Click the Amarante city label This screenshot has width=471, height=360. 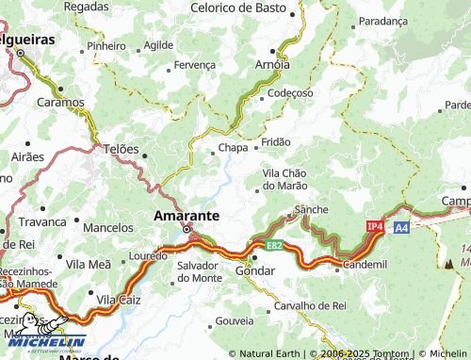(x=187, y=216)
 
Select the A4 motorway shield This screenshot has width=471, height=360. (x=401, y=227)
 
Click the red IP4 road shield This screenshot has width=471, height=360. (x=375, y=227)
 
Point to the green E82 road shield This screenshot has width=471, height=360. (x=274, y=246)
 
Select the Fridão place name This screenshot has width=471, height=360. (x=276, y=142)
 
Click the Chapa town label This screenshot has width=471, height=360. (x=233, y=148)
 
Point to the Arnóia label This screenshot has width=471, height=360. (x=273, y=64)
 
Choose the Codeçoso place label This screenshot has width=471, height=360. (x=290, y=93)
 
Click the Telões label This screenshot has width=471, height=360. (x=121, y=149)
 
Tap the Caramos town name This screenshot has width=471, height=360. (x=60, y=102)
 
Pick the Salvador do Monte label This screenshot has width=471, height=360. (x=199, y=271)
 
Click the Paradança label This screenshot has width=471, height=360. (x=383, y=20)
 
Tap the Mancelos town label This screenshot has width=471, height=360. (x=108, y=227)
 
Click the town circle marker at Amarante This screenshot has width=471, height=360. (x=187, y=229)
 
